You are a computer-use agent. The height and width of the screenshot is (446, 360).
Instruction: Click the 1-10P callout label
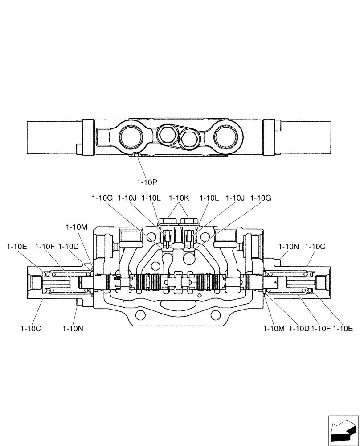point(148,182)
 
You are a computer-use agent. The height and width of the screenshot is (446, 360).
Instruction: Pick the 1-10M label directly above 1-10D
point(76,227)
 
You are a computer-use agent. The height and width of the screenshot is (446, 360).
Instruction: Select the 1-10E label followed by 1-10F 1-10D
point(17,246)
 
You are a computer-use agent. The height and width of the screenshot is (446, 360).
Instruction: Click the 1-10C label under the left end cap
point(31,329)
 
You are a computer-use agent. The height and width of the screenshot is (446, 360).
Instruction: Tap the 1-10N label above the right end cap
point(289,246)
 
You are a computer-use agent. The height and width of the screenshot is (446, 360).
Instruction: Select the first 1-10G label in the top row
point(103,198)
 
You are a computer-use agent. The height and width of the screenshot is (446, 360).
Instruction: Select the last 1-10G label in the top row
point(261,198)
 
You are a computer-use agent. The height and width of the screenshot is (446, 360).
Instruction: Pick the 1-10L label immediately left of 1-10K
point(152,198)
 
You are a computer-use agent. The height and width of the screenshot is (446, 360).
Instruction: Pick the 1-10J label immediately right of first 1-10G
point(128,198)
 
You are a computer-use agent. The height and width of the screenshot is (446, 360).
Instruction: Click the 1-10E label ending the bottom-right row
point(344,329)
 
